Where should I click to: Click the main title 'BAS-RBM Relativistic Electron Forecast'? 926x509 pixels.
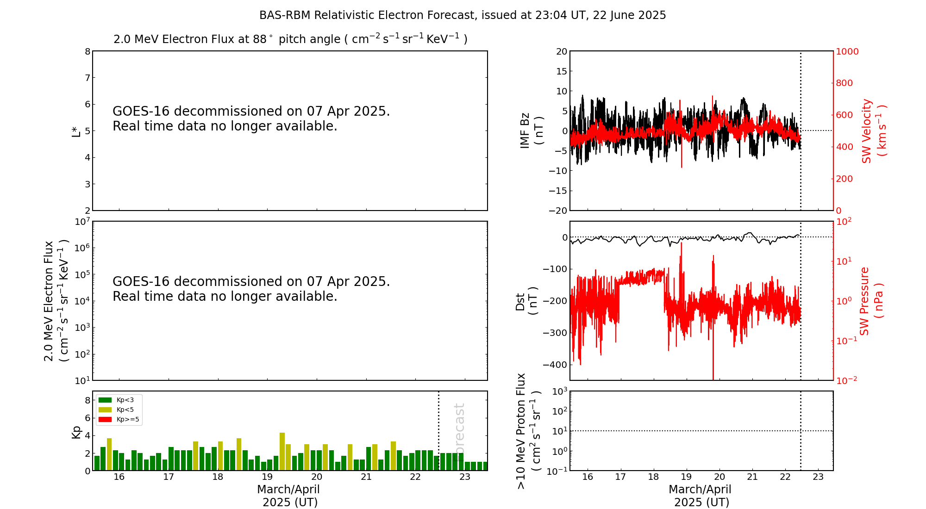click(462, 15)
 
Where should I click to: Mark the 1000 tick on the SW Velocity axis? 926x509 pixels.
click(847, 51)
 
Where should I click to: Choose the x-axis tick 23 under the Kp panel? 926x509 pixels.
click(465, 477)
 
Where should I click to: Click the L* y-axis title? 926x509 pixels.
click(76, 131)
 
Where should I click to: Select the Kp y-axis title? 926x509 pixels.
click(76, 431)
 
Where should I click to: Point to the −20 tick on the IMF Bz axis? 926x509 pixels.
click(558, 211)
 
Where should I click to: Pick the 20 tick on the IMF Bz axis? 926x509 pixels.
click(562, 51)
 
